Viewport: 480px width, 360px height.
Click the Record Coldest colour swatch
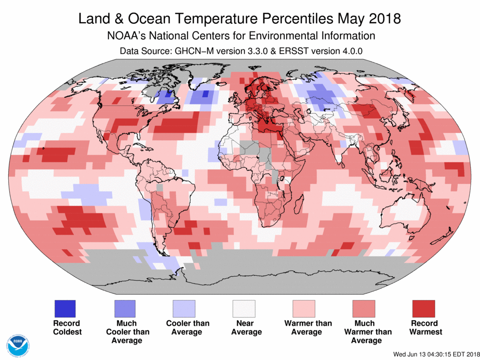click(x=65, y=308)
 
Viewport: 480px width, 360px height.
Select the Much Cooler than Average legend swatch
click(x=125, y=308)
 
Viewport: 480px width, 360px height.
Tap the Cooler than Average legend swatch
click(x=184, y=308)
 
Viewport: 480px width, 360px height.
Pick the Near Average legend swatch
click(x=244, y=308)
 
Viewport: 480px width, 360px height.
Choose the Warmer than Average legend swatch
click(x=304, y=308)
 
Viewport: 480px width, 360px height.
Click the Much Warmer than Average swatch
click(x=364, y=308)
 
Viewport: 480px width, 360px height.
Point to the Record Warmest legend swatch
click(x=423, y=308)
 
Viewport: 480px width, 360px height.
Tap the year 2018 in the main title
click(x=383, y=19)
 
